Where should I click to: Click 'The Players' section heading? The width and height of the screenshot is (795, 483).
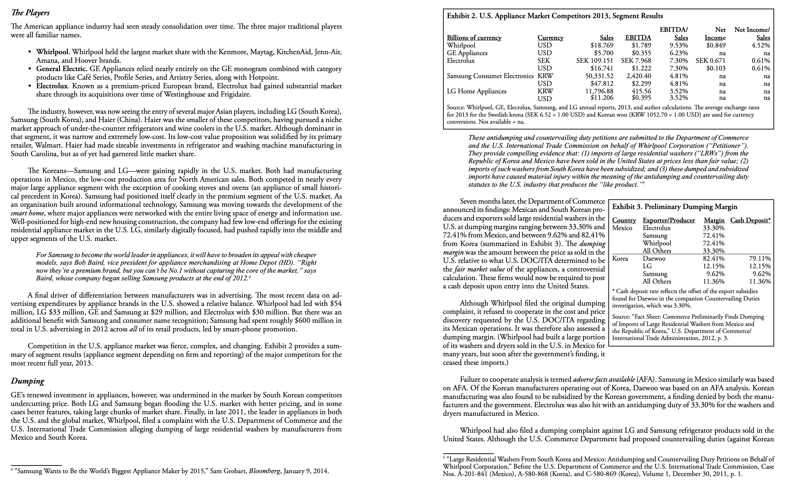pos(30,13)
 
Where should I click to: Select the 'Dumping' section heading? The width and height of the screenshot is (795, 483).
pos(27,381)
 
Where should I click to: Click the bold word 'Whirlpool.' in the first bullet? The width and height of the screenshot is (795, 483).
pos(53,52)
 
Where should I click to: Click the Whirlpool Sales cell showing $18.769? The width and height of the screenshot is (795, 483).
pos(602,46)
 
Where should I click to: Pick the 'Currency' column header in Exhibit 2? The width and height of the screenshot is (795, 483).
pos(551,38)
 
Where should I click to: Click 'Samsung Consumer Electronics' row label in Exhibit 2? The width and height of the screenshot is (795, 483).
pos(490,76)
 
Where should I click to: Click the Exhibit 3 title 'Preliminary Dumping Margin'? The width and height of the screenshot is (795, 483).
pos(675,207)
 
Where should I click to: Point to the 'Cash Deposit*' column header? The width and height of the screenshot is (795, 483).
pos(750,220)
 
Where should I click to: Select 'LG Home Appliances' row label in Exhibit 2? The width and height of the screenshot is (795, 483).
pos(476,91)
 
